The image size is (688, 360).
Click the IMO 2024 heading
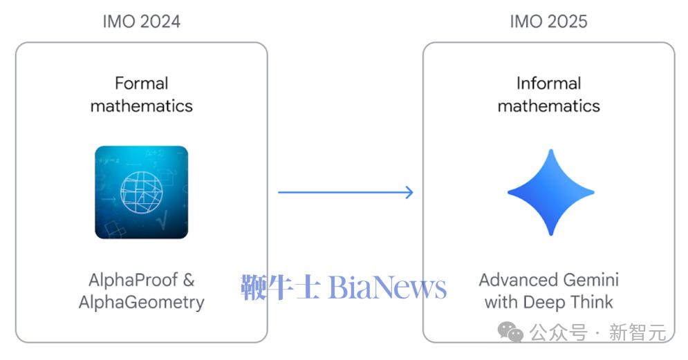(141, 21)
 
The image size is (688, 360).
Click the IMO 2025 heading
(548, 21)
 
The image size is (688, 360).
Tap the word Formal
(141, 84)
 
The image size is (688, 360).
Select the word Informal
(548, 84)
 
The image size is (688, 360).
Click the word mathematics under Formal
(141, 106)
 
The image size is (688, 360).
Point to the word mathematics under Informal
(548, 106)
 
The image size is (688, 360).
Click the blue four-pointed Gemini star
(550, 192)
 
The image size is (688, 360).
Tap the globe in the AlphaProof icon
(141, 192)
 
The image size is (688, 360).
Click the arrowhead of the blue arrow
(409, 192)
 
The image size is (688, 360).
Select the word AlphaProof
(133, 280)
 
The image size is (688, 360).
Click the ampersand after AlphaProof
(189, 280)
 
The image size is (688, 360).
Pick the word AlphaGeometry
(141, 303)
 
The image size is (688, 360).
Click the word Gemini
(591, 280)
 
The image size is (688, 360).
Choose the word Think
(589, 302)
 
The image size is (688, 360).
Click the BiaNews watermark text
(387, 287)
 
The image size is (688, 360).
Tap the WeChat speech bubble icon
(510, 332)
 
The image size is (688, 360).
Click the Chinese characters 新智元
(638, 333)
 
